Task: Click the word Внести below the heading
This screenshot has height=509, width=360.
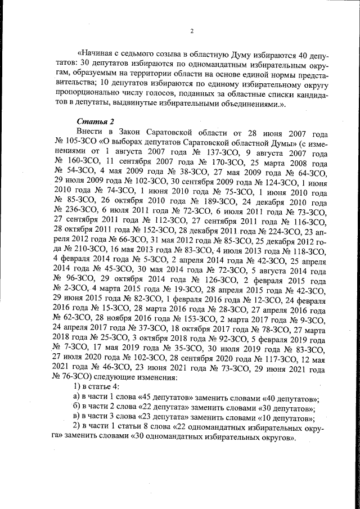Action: pyautogui.click(x=88, y=132)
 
